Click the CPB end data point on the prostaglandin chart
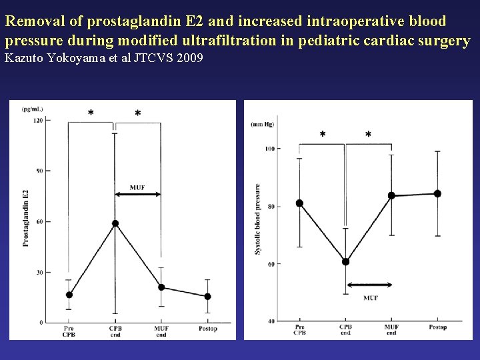pyautogui.click(x=115, y=223)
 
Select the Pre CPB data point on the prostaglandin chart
pyautogui.click(x=69, y=295)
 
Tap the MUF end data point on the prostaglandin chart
pyautogui.click(x=161, y=287)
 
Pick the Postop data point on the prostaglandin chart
pyautogui.click(x=207, y=297)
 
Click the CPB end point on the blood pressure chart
pyautogui.click(x=345, y=262)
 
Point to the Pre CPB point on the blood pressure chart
pyautogui.click(x=299, y=203)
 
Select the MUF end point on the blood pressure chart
pyautogui.click(x=391, y=196)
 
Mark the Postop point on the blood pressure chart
pyautogui.click(x=437, y=194)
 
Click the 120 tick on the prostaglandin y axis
pyautogui.click(x=38, y=120)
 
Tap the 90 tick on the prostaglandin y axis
pyautogui.click(x=39, y=171)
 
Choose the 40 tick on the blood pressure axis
pyautogui.click(x=270, y=321)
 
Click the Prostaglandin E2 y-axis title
pyautogui.click(x=26, y=218)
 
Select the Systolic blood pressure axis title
pyautogui.click(x=258, y=219)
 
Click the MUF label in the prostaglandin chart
pyautogui.click(x=137, y=187)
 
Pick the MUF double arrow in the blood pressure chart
pyautogui.click(x=369, y=285)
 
